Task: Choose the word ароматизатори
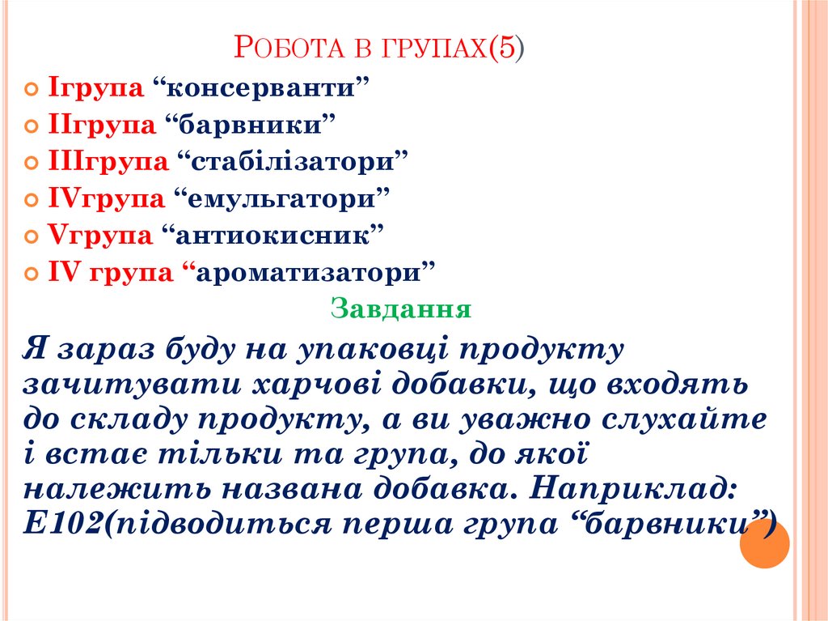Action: point(315,273)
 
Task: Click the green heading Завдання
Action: point(401,309)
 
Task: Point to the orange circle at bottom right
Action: point(764,544)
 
